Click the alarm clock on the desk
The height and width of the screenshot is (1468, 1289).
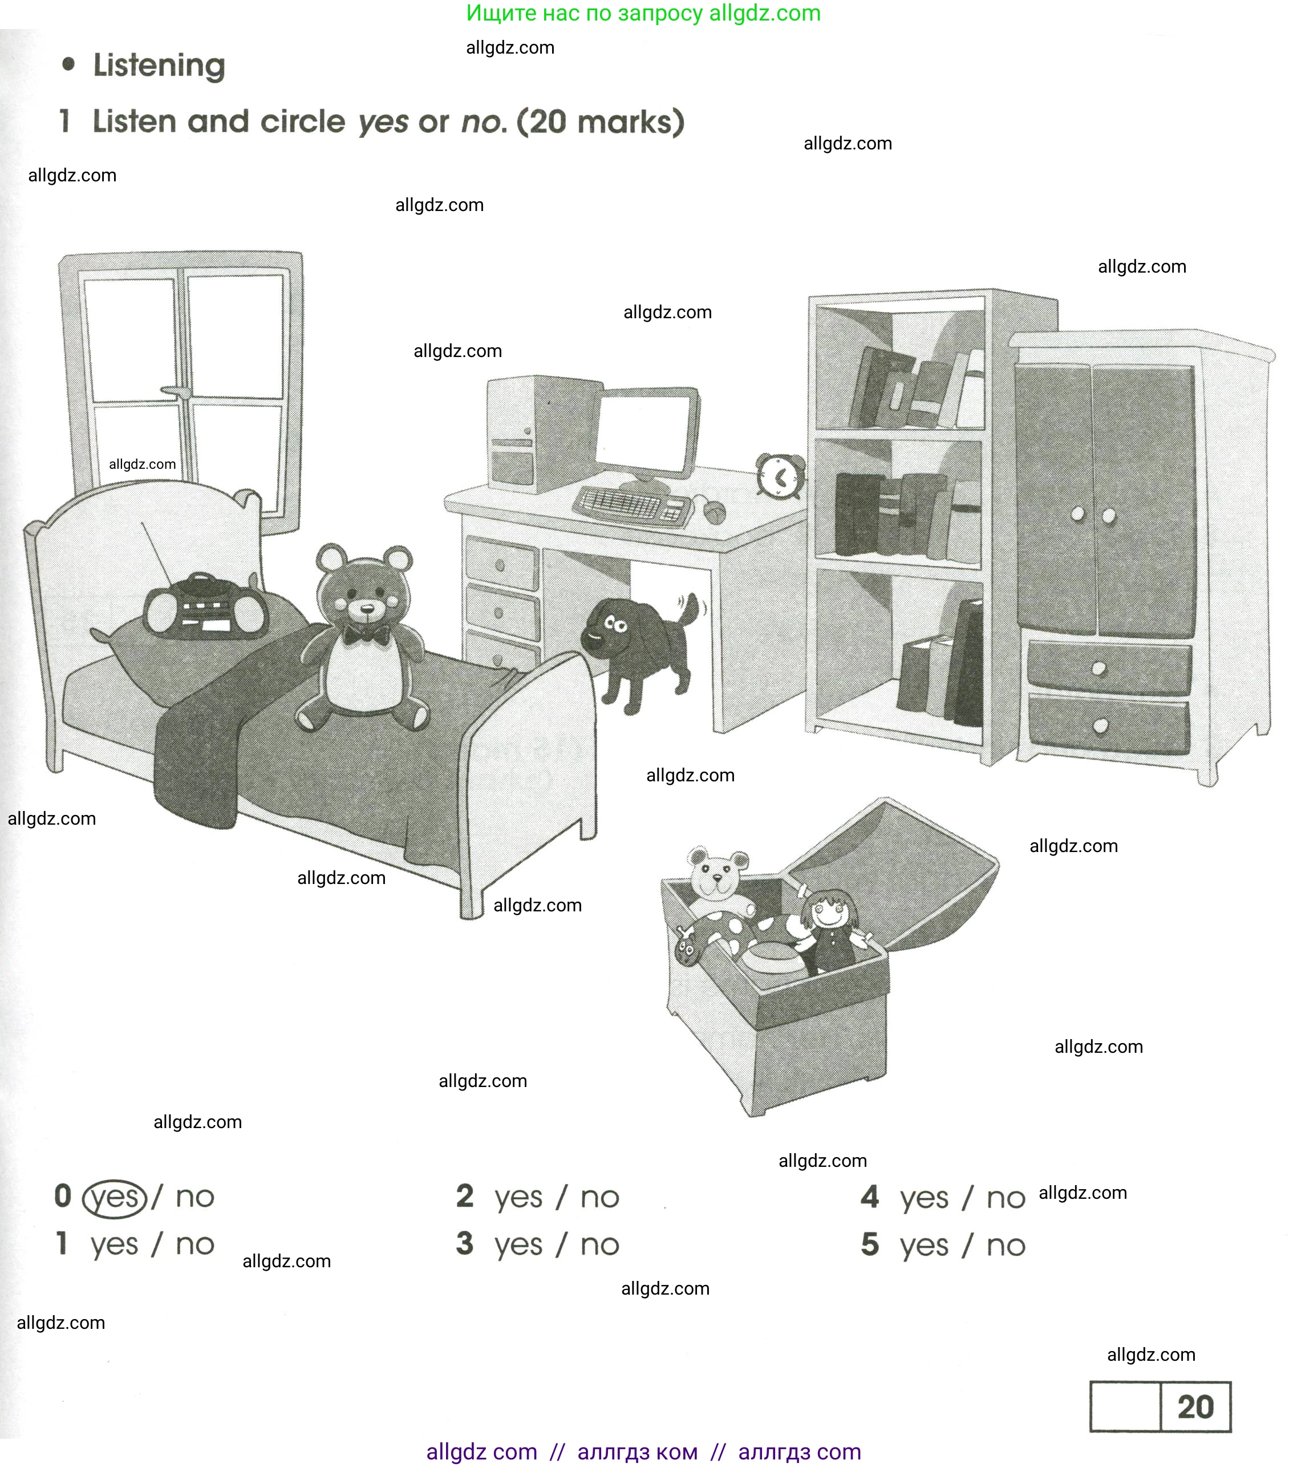[780, 476]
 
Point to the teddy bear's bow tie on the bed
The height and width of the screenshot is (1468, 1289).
[366, 634]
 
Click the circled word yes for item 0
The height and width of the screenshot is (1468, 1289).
[115, 1197]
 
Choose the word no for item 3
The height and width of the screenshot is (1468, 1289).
[599, 1244]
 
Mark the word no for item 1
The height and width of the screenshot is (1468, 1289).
[194, 1244]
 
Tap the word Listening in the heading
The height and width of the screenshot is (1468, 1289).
[159, 66]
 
